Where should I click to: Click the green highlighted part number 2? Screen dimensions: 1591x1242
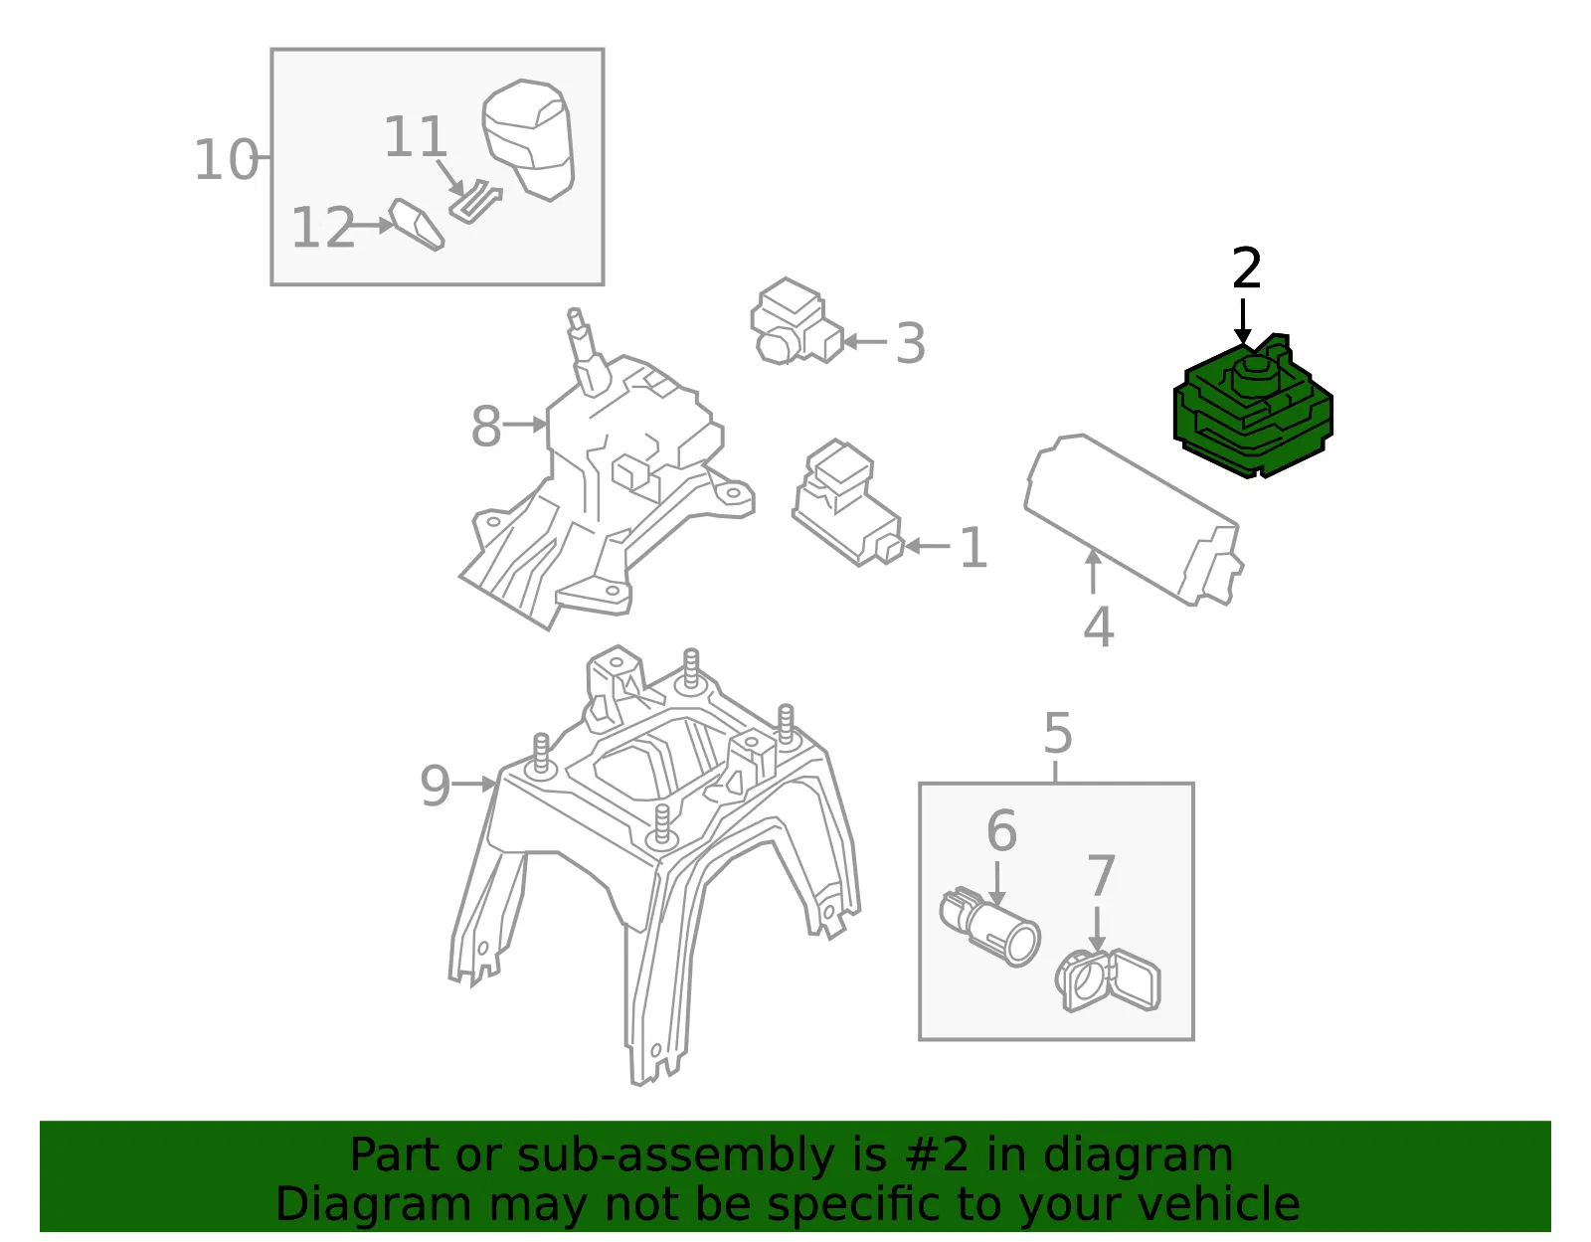(1253, 409)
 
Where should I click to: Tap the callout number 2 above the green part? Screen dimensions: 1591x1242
(1247, 267)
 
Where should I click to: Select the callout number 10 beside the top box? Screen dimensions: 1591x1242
(227, 159)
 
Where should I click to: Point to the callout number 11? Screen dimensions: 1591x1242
(415, 136)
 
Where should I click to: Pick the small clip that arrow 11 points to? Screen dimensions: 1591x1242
(475, 201)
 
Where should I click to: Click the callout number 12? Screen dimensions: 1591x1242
(323, 227)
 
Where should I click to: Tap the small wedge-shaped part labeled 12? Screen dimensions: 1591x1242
(417, 224)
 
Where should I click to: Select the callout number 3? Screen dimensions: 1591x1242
(911, 342)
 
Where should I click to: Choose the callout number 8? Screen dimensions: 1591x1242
(486, 426)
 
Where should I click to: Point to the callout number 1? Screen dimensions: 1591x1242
(973, 547)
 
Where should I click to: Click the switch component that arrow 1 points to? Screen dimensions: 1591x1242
(848, 502)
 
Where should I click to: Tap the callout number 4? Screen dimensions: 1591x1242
(1099, 626)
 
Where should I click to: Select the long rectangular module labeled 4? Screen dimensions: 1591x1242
(1134, 520)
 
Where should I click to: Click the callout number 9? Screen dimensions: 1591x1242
(435, 786)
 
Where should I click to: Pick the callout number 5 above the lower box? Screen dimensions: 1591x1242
(1058, 733)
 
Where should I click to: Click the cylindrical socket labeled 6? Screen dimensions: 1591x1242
(989, 928)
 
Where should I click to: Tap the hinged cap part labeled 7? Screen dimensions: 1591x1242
(1108, 980)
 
